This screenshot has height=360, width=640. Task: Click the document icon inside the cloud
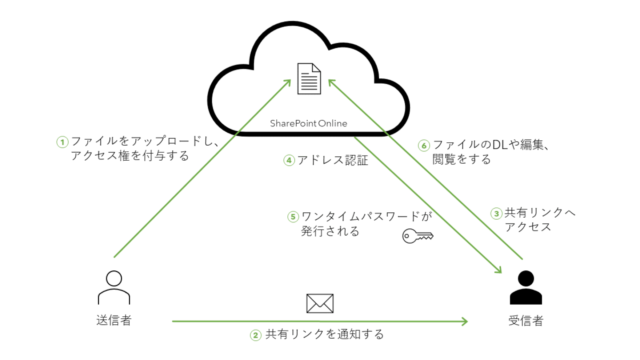pos(309,78)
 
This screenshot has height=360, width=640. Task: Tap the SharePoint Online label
pos(308,124)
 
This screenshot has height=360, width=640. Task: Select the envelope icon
pos(320,303)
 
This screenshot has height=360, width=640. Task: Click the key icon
pos(418,235)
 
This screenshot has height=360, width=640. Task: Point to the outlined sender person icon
pos(114,287)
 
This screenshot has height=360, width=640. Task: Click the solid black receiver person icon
pos(525,287)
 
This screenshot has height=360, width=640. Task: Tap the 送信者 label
pos(114,321)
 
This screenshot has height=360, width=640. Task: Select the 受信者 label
pos(525,321)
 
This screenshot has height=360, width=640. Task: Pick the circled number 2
pos(256,335)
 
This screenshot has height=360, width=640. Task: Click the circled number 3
pos(496,213)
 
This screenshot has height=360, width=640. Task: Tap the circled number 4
pos(289,160)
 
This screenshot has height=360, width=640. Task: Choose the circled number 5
pos(293,217)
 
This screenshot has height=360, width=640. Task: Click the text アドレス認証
pos(332,160)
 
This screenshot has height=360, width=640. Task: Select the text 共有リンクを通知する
pos(324,335)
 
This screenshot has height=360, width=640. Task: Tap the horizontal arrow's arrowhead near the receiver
pos(463,321)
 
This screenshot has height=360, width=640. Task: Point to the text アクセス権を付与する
pos(130,156)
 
